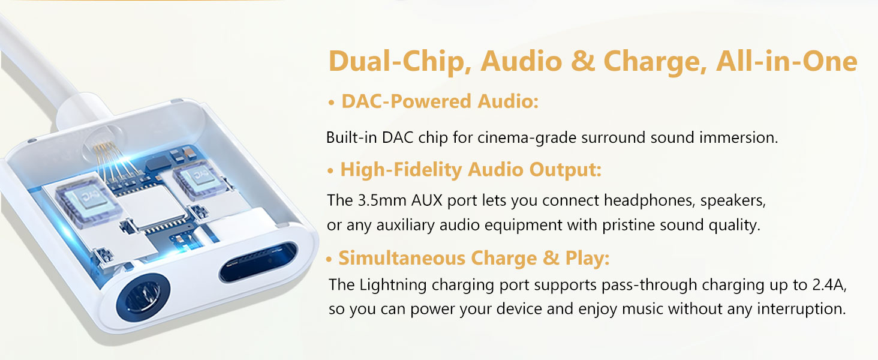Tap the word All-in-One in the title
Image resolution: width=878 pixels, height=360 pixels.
coord(786,62)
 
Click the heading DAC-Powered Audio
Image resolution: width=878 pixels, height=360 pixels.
coord(440,102)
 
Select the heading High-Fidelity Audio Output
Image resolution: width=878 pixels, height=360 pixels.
coord(471,170)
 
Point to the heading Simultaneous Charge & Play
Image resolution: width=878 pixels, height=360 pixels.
coord(474,258)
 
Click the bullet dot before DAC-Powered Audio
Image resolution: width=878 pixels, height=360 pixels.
coord(331,104)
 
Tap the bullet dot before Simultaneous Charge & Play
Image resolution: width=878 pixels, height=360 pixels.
coord(329,260)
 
